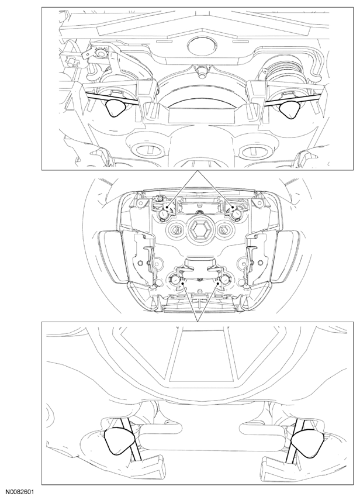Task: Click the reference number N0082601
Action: (x=19, y=492)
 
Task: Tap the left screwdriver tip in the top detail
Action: (x=115, y=108)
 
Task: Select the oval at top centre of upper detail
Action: (x=202, y=46)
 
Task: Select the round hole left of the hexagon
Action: (x=174, y=228)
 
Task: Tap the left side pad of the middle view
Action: (x=108, y=255)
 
